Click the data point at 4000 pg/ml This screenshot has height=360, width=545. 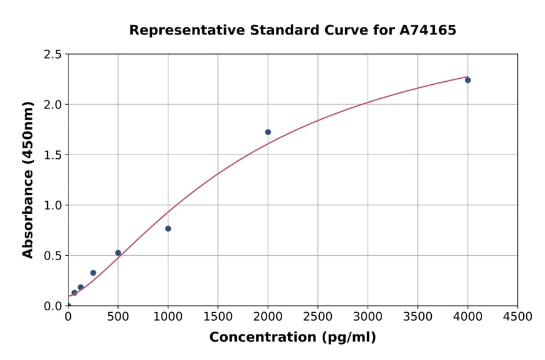(467, 80)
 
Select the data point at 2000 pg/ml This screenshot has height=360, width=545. (268, 132)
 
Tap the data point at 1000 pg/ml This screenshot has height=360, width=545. (168, 228)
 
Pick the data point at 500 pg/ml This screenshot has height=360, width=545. (118, 253)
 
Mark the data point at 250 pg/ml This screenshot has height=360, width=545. (93, 273)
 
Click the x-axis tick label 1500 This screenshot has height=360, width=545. (218, 317)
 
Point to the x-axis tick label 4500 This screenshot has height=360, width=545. (518, 317)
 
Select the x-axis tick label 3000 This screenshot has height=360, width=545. (368, 317)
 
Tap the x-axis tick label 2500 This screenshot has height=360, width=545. (318, 317)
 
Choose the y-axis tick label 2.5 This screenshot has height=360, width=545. (53, 55)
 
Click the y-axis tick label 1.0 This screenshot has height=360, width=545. (53, 205)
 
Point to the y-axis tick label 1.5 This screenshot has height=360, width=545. (53, 155)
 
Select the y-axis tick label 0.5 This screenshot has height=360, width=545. (53, 256)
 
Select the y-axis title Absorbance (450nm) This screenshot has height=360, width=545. (28, 179)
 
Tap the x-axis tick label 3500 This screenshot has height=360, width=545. (418, 317)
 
